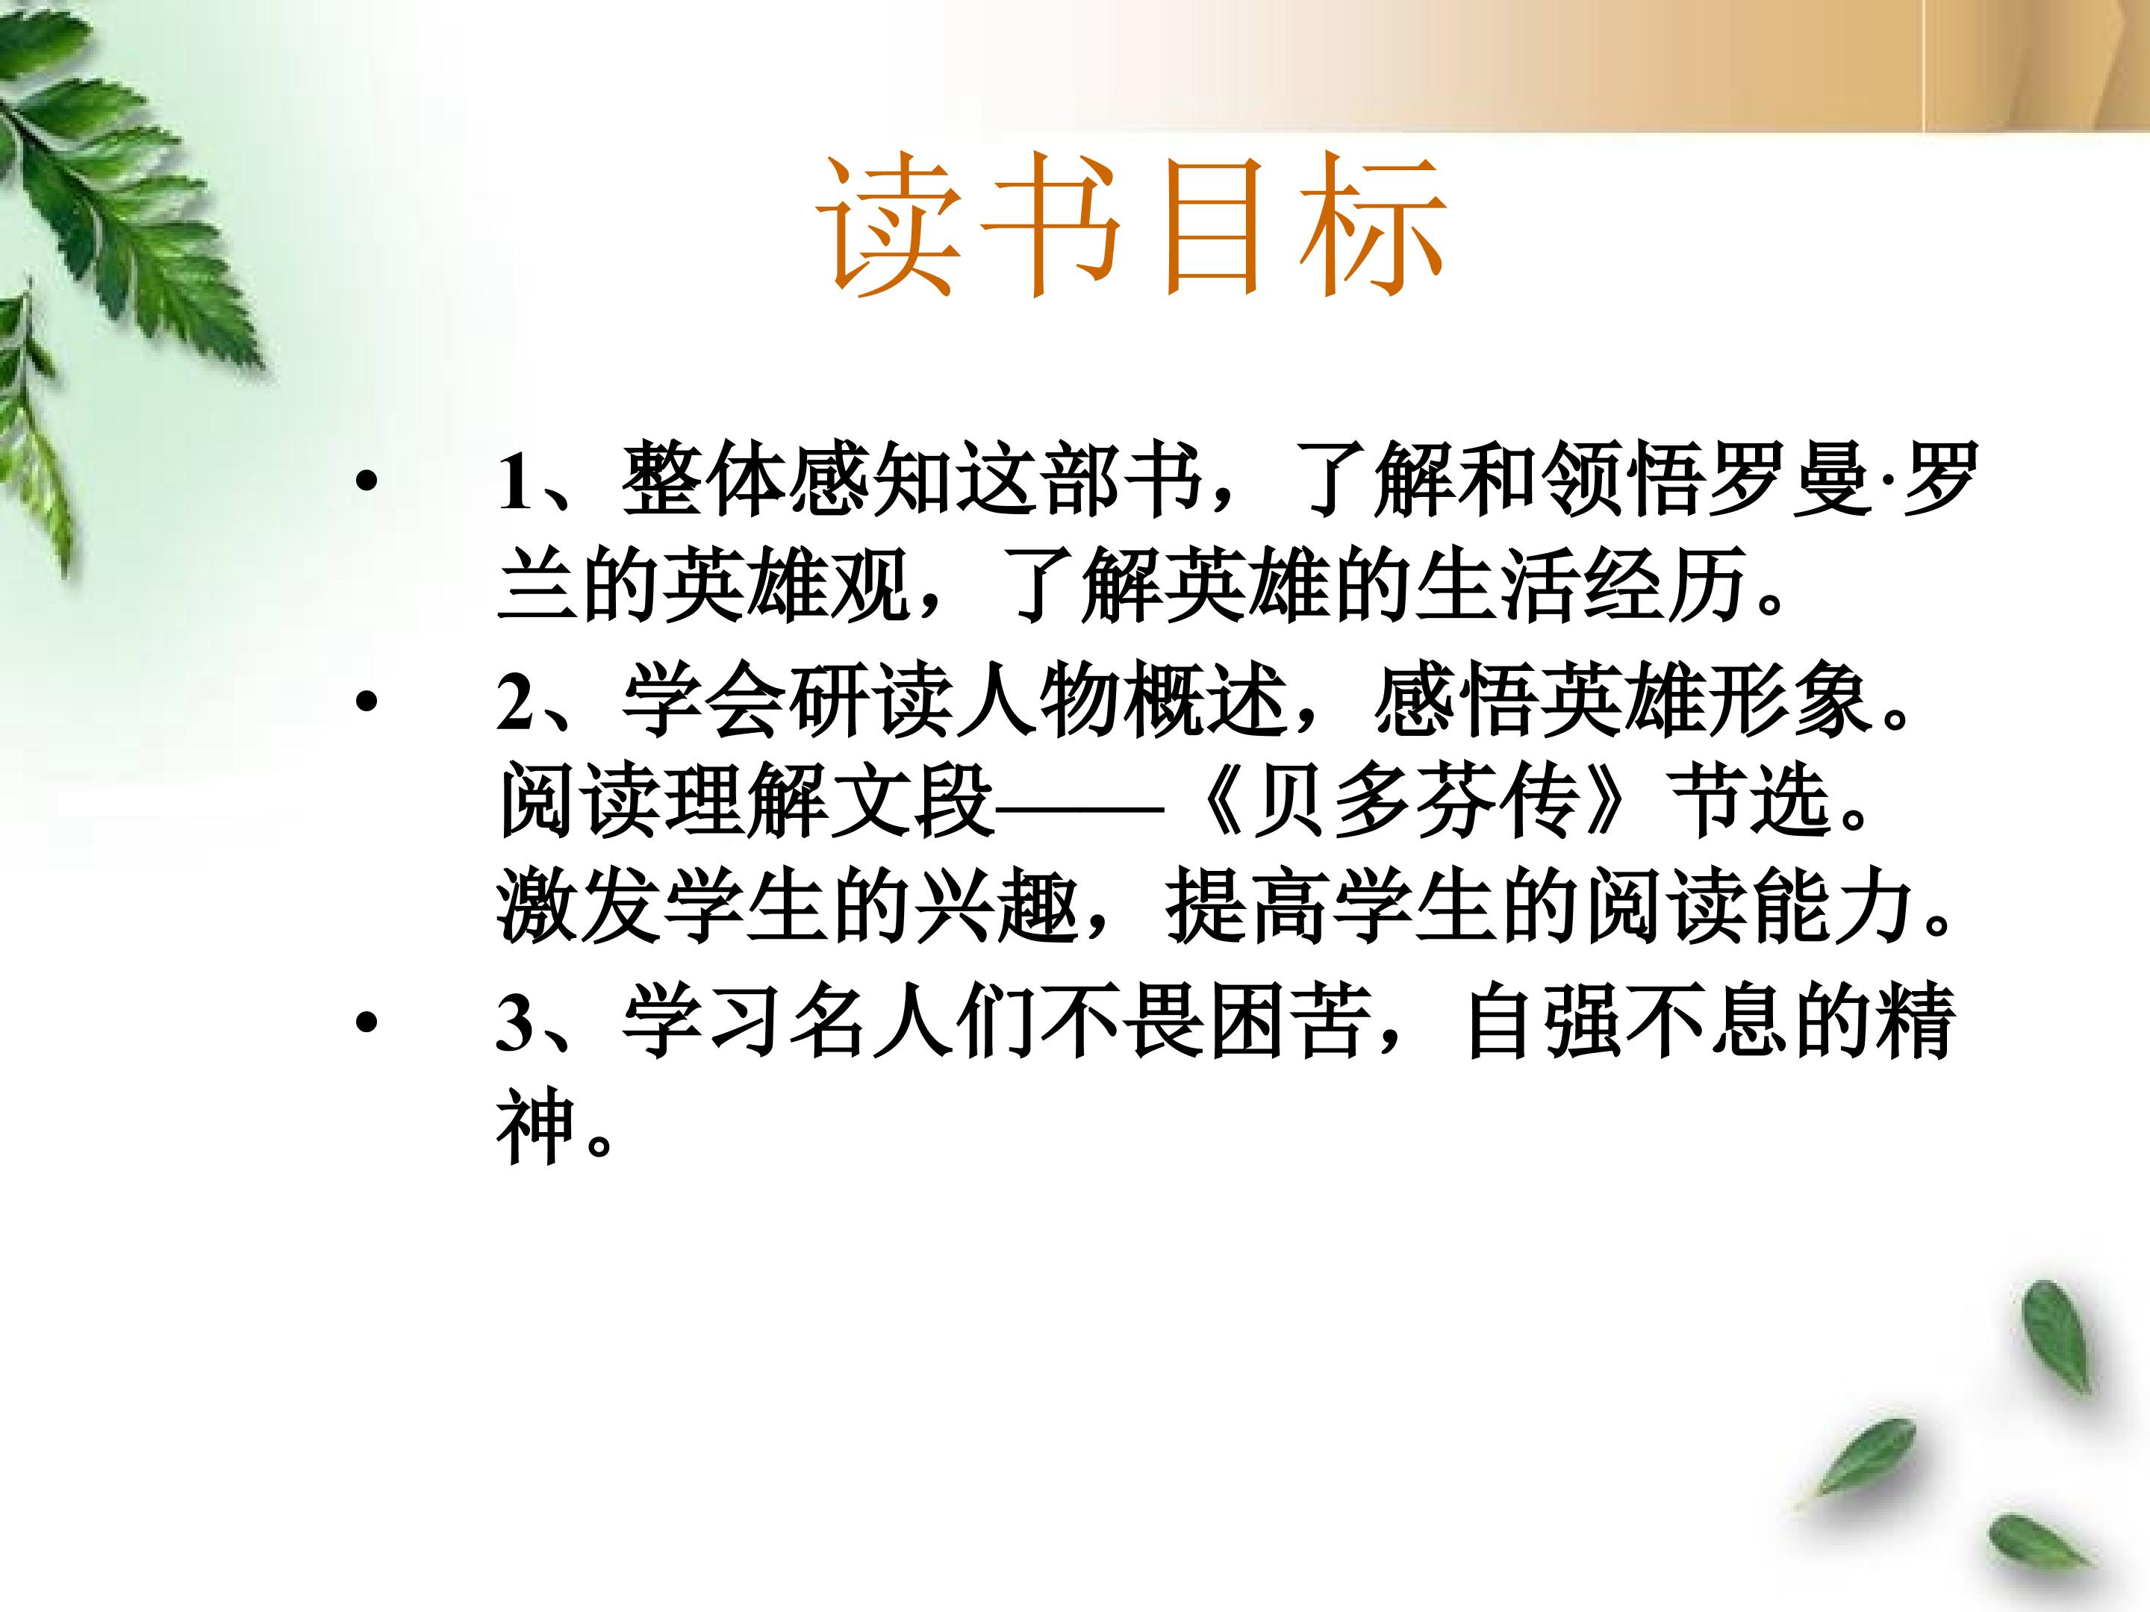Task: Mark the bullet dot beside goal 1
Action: [366, 480]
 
